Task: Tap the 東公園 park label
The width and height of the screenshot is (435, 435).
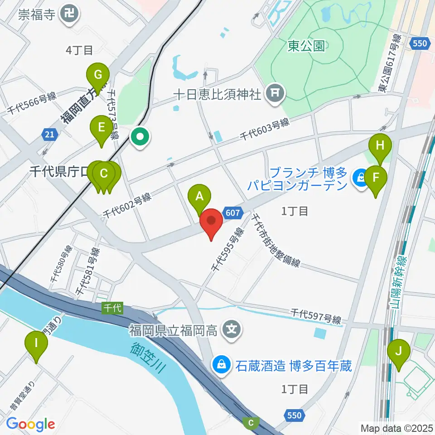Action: point(307,46)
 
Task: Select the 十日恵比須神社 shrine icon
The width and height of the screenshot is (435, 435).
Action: point(275,94)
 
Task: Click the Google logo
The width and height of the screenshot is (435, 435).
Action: point(30,424)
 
